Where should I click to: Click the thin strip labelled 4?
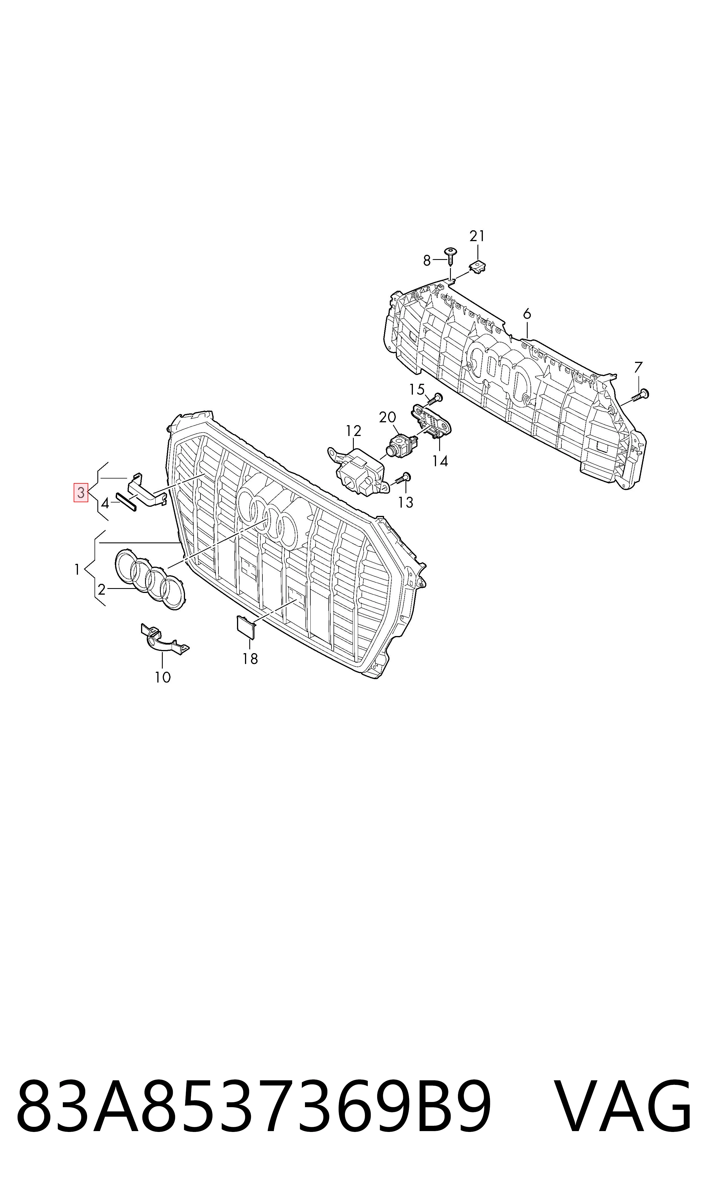[x=126, y=501]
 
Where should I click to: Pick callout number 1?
[x=77, y=570]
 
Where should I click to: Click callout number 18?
[x=250, y=659]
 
